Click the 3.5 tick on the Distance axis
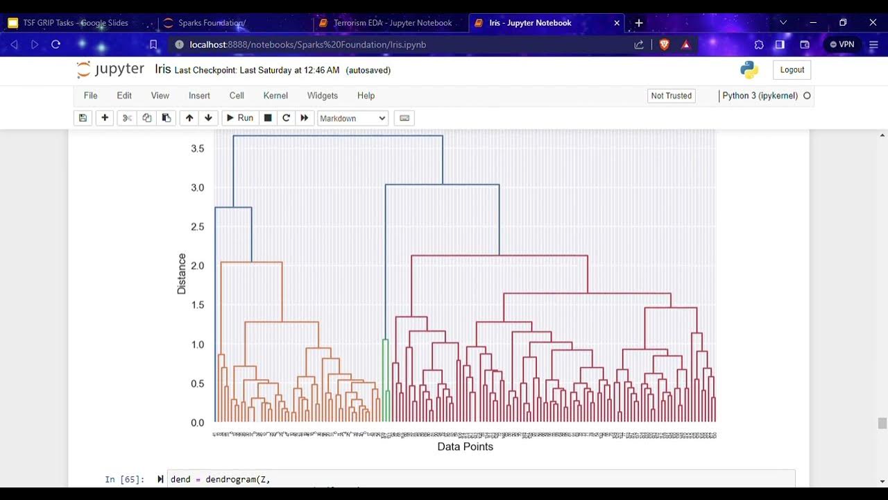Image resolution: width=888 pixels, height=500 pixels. tap(198, 149)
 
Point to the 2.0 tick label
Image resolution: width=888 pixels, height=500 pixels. tap(198, 266)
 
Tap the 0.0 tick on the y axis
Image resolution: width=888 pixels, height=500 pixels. tap(198, 423)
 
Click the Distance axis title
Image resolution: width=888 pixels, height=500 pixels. tap(182, 274)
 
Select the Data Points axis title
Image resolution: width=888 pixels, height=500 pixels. tap(465, 447)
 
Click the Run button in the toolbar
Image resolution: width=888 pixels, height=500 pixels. tap(239, 118)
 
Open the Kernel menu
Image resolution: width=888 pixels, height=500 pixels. tap(275, 96)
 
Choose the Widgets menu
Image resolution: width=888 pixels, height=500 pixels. tap(322, 96)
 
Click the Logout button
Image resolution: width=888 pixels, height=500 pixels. tap(792, 70)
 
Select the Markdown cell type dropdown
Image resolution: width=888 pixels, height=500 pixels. tap(352, 118)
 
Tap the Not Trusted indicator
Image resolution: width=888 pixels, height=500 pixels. tap(671, 96)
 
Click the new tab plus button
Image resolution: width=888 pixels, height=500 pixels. tap(639, 23)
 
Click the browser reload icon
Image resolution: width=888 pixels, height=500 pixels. tap(56, 44)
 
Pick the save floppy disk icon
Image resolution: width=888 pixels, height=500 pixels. tap(83, 118)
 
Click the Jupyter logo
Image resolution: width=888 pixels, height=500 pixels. tap(110, 69)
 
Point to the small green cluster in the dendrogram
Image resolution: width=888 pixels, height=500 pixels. tap(386, 382)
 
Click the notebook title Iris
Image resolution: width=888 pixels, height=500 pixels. tap(163, 69)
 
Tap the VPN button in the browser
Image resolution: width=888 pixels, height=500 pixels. tap(842, 44)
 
